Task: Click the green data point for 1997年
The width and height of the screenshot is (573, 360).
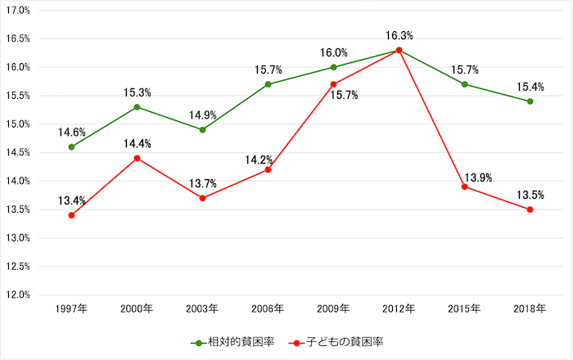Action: tap(71, 147)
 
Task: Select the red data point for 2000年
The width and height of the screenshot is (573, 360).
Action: tap(137, 158)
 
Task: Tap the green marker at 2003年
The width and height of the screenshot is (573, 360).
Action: tap(202, 129)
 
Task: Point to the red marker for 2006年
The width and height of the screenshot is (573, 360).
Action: tap(268, 169)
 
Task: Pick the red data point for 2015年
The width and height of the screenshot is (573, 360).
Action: tap(464, 187)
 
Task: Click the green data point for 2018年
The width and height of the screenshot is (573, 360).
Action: tap(530, 101)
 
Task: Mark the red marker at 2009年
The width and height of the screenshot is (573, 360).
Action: tap(333, 84)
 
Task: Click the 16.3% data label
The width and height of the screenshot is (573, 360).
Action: tap(399, 36)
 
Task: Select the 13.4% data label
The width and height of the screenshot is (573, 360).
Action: tap(71, 200)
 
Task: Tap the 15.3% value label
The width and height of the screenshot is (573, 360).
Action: tap(137, 92)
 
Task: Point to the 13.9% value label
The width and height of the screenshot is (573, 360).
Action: tap(477, 178)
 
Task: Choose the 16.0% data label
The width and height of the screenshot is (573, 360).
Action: tap(333, 53)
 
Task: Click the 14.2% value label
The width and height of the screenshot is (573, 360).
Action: tap(259, 160)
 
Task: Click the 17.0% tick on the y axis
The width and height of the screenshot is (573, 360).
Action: tap(17, 11)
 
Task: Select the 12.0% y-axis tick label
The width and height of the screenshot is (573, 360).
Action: tap(17, 295)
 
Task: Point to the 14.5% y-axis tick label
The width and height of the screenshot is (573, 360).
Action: tap(17, 152)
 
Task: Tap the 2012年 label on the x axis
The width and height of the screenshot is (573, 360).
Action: tap(399, 309)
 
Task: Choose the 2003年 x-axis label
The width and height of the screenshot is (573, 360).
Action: tap(202, 309)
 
